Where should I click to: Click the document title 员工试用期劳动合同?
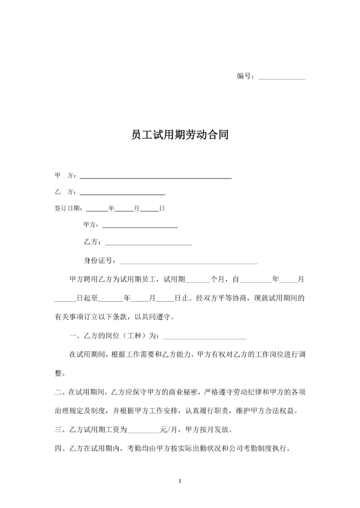point(179,135)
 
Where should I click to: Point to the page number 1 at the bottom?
point(180,481)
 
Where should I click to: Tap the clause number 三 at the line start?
point(58,429)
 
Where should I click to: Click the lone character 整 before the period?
point(58,373)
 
